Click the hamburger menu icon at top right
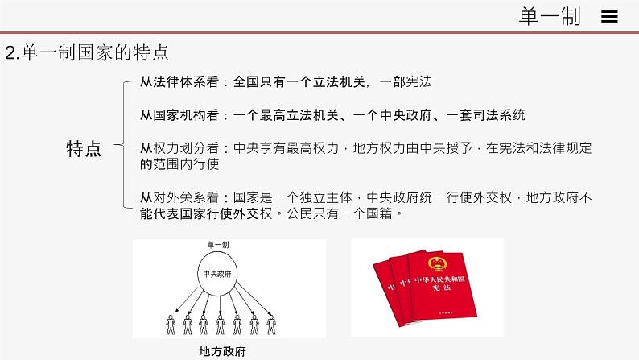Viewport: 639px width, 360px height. pyautogui.click(x=609, y=17)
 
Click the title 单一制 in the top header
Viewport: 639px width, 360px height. pyautogui.click(x=551, y=17)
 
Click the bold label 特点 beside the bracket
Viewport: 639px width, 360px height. pyautogui.click(x=84, y=148)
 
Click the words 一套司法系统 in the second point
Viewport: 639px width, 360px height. pyautogui.click(x=488, y=115)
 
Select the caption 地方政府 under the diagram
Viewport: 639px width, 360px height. pyautogui.click(x=221, y=351)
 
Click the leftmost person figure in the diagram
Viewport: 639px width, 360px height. pyautogui.click(x=171, y=325)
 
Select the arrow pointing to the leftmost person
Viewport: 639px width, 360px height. pyautogui.click(x=186, y=300)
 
